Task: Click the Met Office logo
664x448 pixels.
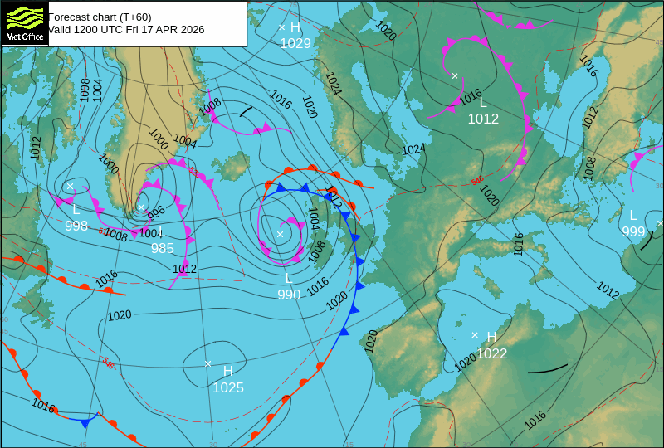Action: tap(25, 22)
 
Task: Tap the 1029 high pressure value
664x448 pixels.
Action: tap(295, 43)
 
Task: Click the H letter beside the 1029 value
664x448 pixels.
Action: tap(295, 27)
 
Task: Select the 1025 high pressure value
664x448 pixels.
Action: tap(228, 387)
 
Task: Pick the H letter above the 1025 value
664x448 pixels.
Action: tap(227, 371)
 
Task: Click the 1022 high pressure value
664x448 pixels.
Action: tap(491, 353)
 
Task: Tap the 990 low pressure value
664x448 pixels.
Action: tap(289, 295)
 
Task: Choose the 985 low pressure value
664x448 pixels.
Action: tap(162, 248)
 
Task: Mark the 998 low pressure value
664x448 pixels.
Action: tap(76, 226)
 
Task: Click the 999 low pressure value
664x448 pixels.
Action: tap(633, 231)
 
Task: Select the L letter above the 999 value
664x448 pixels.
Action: tap(633, 215)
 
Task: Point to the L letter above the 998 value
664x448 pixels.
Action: tap(76, 209)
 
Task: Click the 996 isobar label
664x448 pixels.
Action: tap(156, 212)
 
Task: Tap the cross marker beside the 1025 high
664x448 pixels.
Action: tap(208, 363)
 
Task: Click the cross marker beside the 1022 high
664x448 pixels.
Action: tap(475, 335)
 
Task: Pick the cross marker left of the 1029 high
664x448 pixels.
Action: tap(281, 27)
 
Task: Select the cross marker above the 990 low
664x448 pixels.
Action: tap(280, 234)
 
